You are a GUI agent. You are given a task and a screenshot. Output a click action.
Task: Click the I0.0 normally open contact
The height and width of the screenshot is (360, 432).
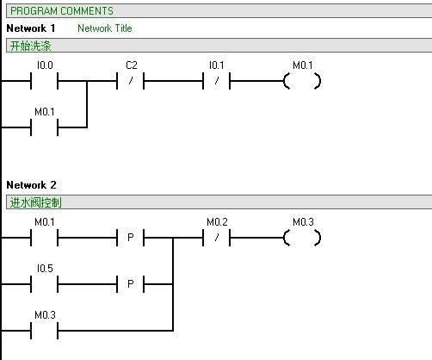click(x=45, y=81)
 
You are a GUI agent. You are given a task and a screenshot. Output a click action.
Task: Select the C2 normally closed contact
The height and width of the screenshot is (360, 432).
click(x=130, y=81)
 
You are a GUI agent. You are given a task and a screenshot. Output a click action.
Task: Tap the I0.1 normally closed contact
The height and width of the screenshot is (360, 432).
click(x=217, y=81)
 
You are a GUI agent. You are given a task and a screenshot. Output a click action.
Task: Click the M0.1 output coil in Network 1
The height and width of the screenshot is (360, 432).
click(x=302, y=81)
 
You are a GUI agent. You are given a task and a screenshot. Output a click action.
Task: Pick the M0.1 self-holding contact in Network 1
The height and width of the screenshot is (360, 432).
click(x=45, y=127)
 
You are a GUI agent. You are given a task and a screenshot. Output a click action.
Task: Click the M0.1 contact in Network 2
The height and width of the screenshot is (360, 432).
click(x=45, y=238)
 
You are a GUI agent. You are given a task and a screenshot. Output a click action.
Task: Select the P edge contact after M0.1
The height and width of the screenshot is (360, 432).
click(x=130, y=238)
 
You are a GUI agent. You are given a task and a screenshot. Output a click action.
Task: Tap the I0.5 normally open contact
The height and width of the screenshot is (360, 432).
click(x=45, y=284)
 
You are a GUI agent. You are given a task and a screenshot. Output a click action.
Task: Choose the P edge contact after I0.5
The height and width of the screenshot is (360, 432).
click(x=130, y=284)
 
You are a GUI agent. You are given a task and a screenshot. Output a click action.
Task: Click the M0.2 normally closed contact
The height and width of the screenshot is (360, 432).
click(x=217, y=238)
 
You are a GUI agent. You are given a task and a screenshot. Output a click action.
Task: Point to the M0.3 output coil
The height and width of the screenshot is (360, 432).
click(x=302, y=238)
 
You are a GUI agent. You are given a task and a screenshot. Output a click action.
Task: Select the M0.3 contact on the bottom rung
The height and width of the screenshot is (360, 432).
click(x=45, y=331)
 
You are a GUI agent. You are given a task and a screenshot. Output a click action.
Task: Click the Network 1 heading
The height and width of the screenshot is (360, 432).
click(x=31, y=28)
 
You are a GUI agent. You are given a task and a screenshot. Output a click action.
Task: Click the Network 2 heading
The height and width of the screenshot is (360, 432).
click(x=31, y=185)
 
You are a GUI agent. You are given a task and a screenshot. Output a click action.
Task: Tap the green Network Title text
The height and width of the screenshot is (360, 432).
click(x=105, y=28)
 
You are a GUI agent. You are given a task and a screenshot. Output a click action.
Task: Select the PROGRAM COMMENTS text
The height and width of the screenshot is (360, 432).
click(x=62, y=11)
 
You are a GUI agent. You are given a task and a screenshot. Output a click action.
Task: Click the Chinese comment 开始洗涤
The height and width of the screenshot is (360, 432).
click(x=30, y=46)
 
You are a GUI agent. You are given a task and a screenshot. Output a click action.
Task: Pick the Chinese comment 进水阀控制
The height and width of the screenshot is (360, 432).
click(x=35, y=202)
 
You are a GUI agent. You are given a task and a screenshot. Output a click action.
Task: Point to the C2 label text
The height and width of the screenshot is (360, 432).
click(x=132, y=65)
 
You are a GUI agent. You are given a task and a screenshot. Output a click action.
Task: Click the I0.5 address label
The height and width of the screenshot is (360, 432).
click(x=45, y=269)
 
